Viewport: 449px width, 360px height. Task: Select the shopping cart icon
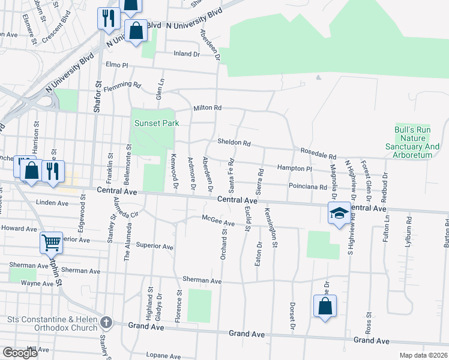(x=51, y=242)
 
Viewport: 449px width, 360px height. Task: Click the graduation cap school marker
(x=339, y=213)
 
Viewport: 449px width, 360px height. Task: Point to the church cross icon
(x=106, y=322)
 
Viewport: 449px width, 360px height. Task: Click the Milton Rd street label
(x=208, y=108)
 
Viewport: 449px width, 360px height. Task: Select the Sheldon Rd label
(x=234, y=143)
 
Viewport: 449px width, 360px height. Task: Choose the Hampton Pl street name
(x=294, y=169)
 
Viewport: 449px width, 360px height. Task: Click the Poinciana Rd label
(x=307, y=187)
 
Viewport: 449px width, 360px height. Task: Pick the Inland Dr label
(x=186, y=54)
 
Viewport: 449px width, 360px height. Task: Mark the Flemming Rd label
(x=121, y=86)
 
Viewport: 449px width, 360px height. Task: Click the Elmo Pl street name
(x=117, y=64)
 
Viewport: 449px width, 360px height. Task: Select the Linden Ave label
(x=52, y=203)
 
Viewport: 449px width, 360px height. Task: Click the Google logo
(x=20, y=353)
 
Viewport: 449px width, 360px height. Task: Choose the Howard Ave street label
(x=19, y=228)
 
